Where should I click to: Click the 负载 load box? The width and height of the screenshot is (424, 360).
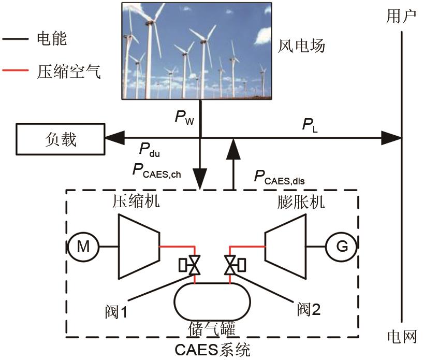[60, 138]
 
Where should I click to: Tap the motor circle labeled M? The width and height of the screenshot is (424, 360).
[83, 247]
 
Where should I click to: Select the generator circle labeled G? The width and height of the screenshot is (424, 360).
[341, 247]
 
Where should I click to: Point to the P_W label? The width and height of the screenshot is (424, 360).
[184, 118]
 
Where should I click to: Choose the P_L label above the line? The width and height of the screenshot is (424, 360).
[310, 125]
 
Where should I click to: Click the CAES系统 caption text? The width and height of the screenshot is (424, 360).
[212, 350]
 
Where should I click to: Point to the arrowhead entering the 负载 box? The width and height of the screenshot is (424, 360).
[114, 138]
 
